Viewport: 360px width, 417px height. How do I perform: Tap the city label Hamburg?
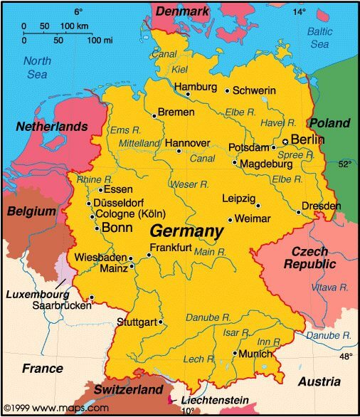pyautogui.click(x=195, y=86)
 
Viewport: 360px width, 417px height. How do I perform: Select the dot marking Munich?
pyautogui.click(x=235, y=353)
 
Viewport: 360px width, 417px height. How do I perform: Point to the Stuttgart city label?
pyautogui.click(x=137, y=322)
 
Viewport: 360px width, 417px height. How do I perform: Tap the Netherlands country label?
pyautogui.click(x=53, y=127)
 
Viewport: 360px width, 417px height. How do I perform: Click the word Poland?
pyautogui.click(x=329, y=123)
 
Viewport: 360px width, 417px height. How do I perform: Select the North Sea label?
pyautogui.click(x=36, y=68)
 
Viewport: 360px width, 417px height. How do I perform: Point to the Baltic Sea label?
pyautogui.click(x=319, y=38)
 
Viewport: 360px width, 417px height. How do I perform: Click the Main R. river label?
pyautogui.click(x=210, y=252)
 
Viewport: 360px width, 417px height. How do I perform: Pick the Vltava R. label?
pyautogui.click(x=329, y=287)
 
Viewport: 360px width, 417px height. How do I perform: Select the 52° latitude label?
pyautogui.click(x=345, y=164)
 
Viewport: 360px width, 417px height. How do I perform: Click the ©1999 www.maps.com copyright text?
pyautogui.click(x=55, y=408)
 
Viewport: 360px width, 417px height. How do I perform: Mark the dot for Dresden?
pyautogui.click(x=299, y=211)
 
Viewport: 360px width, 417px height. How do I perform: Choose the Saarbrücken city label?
pyautogui.click(x=62, y=305)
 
